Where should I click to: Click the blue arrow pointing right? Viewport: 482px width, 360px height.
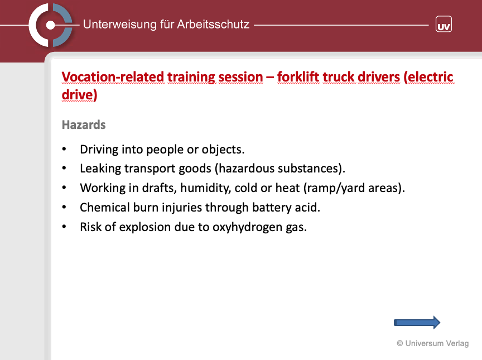tap(417, 323)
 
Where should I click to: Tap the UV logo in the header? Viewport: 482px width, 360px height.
tap(444, 25)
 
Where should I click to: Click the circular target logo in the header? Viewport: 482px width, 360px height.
tap(51, 25)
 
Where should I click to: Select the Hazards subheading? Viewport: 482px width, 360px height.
tap(84, 125)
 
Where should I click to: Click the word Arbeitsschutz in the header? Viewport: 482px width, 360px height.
tap(213, 25)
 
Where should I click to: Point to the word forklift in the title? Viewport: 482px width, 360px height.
tap(298, 77)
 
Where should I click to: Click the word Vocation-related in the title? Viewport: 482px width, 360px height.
tap(113, 77)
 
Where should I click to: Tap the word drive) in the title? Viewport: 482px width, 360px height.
tap(80, 95)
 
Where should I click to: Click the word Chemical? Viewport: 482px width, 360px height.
tap(104, 208)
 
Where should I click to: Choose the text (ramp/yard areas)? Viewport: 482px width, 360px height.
tap(354, 188)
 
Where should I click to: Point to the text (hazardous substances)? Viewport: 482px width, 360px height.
tap(280, 169)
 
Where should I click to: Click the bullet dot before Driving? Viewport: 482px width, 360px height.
tap(64, 149)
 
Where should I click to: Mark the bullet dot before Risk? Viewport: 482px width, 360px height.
tap(64, 227)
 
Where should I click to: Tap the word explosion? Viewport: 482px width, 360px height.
tap(145, 227)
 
